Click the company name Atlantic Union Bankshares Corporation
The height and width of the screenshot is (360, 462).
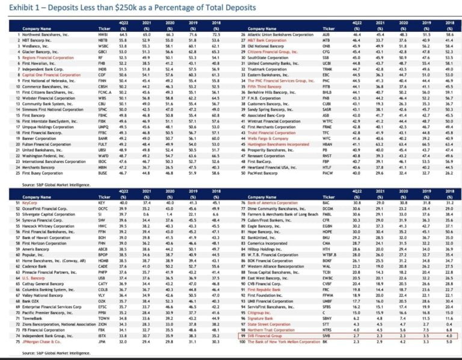click(x=289, y=36)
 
